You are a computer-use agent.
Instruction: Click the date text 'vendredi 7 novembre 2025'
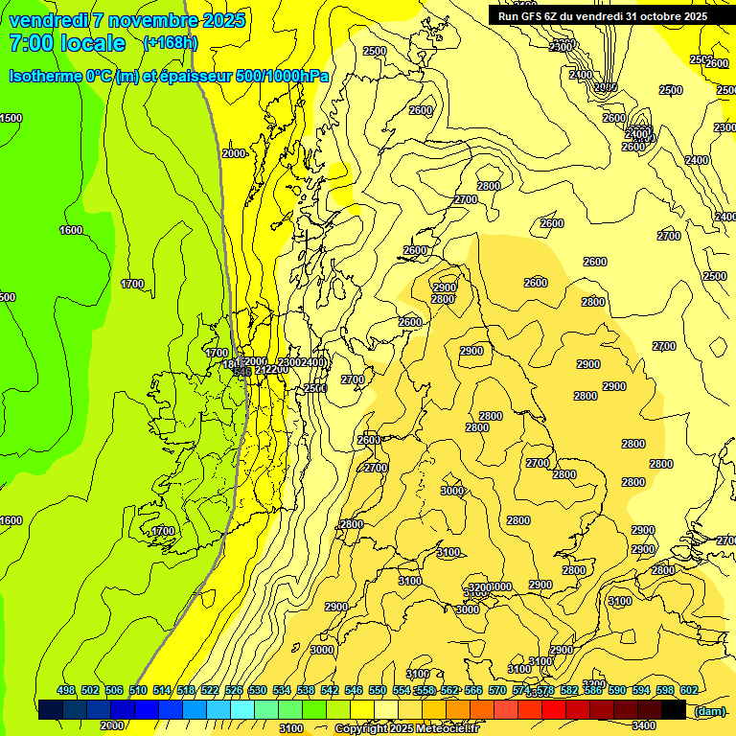[126, 20]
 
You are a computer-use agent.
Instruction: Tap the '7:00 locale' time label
[67, 43]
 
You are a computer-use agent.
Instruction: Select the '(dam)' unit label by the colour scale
[710, 711]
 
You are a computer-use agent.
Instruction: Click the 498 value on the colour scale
[66, 690]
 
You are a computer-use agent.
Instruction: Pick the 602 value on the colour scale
[689, 690]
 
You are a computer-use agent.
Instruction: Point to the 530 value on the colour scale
[258, 690]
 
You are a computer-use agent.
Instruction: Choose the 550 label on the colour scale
[378, 690]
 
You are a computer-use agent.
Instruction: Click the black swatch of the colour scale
[674, 710]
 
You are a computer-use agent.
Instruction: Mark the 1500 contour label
[11, 118]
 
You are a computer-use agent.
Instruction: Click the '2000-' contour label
[235, 153]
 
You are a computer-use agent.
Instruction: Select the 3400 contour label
[644, 725]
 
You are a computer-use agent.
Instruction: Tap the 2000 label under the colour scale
[111, 725]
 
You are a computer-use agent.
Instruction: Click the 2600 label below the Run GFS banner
[716, 63]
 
